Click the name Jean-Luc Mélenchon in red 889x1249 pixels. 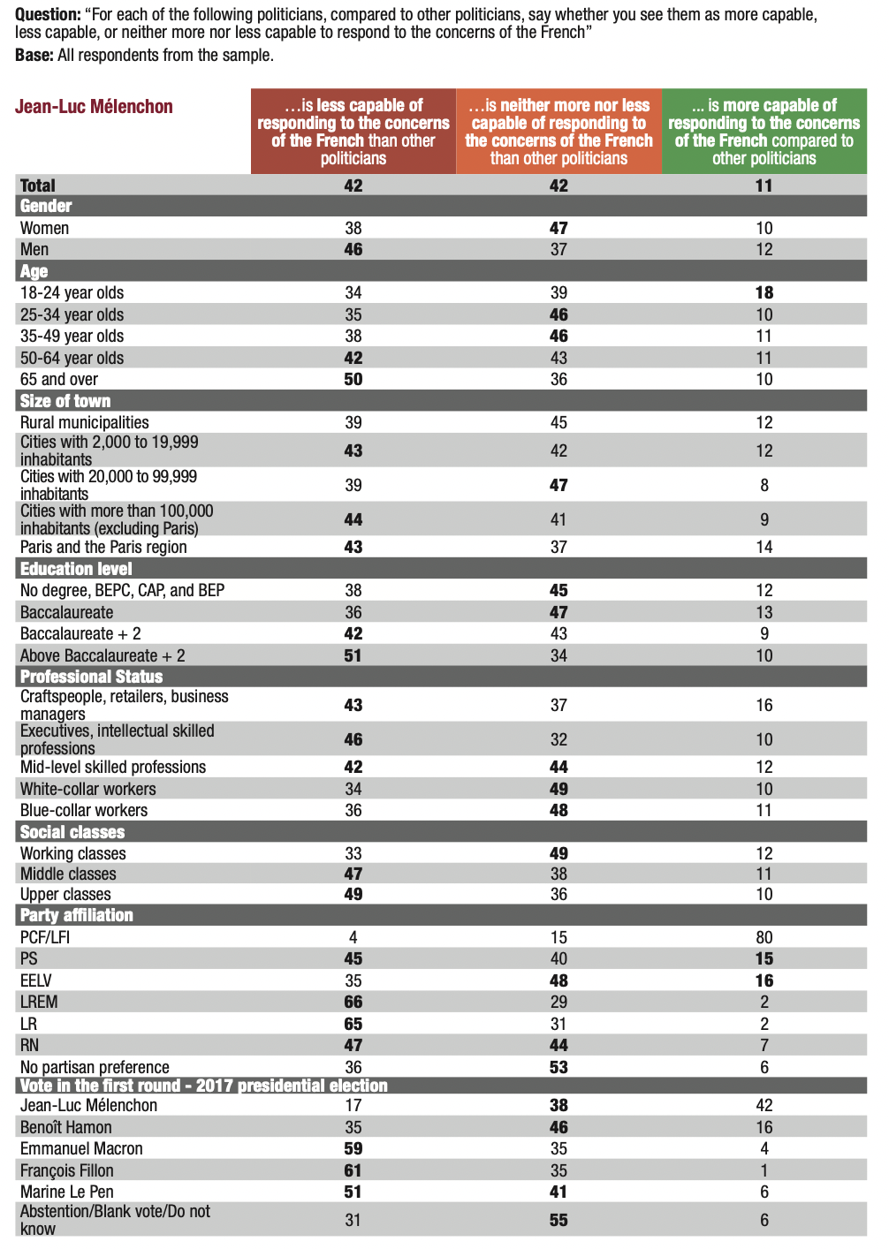[x=94, y=107]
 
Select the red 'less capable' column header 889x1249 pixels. [x=353, y=132]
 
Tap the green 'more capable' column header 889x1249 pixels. [x=764, y=132]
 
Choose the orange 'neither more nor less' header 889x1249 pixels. [x=558, y=132]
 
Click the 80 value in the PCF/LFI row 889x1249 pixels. [x=764, y=937]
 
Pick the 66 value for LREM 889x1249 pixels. [x=353, y=1002]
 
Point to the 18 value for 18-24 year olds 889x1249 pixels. [x=764, y=292]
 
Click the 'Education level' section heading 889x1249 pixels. [x=76, y=569]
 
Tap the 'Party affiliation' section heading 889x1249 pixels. [x=77, y=915]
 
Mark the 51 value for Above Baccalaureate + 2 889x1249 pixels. [x=353, y=655]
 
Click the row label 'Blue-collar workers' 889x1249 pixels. [x=84, y=810]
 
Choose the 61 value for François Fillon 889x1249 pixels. [x=353, y=1170]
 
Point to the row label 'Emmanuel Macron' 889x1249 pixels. [x=81, y=1148]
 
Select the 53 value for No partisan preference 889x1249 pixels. [x=558, y=1067]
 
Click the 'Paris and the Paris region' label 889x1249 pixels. [x=103, y=547]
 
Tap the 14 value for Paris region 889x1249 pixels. [x=764, y=547]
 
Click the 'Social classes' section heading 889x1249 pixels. [x=72, y=832]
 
